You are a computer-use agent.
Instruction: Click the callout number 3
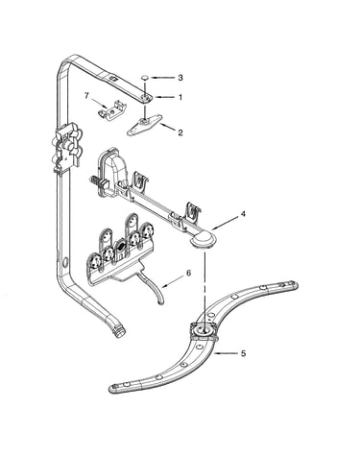pos(180,78)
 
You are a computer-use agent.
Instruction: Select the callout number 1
pos(180,97)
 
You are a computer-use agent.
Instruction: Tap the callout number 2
pos(180,132)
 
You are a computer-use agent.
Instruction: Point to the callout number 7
pos(85,95)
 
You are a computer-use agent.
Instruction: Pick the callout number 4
pos(243,214)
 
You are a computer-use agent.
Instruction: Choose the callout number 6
pos(188,273)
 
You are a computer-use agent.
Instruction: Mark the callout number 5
pos(244,353)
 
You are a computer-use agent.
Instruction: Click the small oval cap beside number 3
pos(145,77)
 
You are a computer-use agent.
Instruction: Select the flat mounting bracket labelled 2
pos(144,125)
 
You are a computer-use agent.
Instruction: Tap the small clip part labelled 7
pos(111,109)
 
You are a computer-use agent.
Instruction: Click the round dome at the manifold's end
pos(204,239)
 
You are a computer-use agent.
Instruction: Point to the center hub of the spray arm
pos(204,330)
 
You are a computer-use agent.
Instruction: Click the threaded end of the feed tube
pos(119,331)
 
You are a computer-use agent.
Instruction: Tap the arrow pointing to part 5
pos(226,353)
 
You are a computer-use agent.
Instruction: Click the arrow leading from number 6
pos(172,281)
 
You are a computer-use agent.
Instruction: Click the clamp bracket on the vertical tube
pos(67,146)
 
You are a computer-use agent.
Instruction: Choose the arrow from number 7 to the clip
pos(98,103)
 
